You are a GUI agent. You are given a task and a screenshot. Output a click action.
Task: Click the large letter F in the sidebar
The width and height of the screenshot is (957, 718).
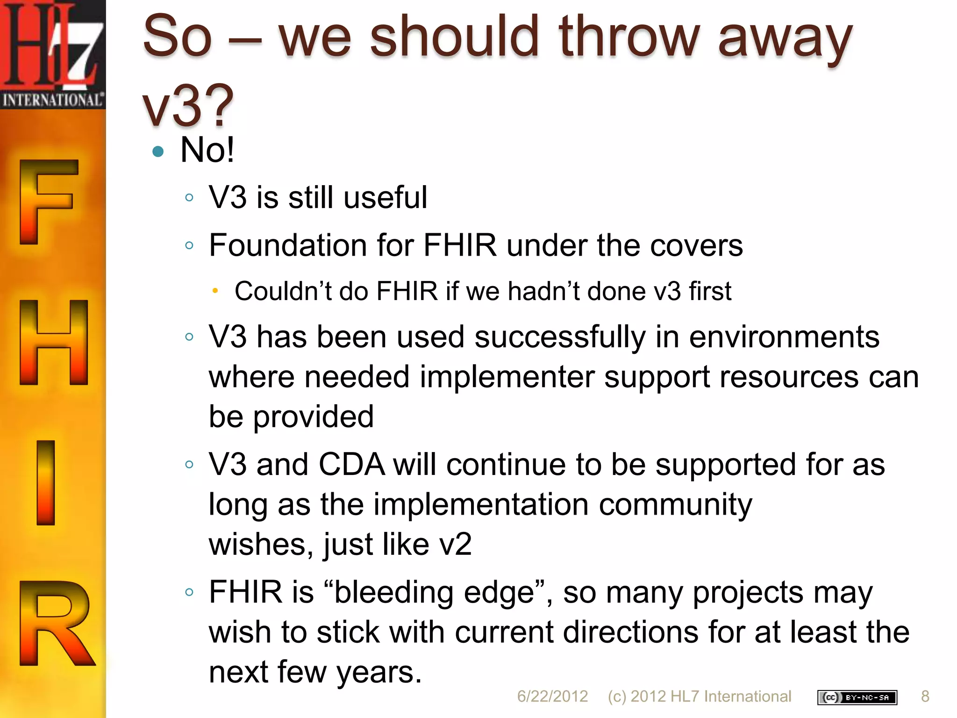click(47, 201)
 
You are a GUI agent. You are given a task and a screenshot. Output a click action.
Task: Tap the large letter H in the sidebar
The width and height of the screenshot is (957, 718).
click(53, 342)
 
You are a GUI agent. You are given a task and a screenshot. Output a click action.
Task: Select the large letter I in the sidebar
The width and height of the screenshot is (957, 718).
click(46, 482)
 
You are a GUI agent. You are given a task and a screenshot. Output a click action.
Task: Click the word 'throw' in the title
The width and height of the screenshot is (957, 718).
click(628, 36)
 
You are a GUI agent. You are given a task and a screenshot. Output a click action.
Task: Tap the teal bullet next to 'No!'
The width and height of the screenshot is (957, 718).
click(158, 151)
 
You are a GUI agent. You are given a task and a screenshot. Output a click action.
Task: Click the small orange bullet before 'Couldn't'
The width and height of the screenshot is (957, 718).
click(215, 291)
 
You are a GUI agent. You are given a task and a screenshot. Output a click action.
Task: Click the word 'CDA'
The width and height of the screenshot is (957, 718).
click(351, 465)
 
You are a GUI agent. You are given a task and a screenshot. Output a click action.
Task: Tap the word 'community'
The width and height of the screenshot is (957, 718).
click(675, 505)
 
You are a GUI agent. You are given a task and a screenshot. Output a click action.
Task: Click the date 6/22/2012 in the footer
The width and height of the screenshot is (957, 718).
click(552, 696)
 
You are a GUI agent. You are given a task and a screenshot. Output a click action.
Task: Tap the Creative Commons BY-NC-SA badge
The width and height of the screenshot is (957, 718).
click(857, 697)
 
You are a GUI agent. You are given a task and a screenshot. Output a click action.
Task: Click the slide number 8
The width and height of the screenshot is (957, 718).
click(925, 696)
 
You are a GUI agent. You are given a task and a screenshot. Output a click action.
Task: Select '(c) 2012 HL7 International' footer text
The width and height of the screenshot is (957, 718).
click(700, 696)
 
